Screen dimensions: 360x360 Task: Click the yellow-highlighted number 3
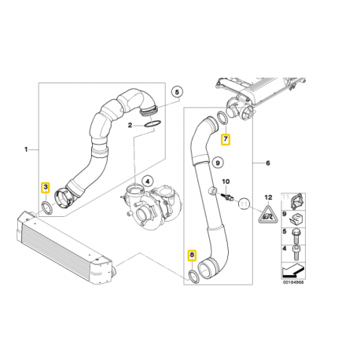46,187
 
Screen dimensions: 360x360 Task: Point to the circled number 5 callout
177,92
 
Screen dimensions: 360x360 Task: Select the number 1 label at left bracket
28,149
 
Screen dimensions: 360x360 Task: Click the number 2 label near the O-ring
130,125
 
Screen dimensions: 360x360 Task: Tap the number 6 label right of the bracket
266,163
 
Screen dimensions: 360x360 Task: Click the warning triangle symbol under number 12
269,214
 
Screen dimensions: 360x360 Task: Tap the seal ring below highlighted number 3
47,208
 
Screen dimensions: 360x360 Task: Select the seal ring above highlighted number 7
225,119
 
